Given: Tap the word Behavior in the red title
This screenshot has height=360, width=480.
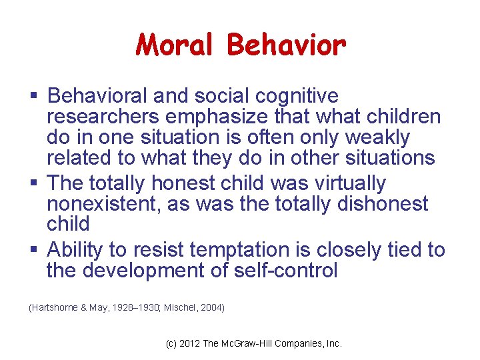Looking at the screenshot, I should [x=286, y=45].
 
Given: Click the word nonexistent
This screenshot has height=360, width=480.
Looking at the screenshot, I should [x=103, y=204].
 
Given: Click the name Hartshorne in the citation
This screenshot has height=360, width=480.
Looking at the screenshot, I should [x=53, y=307].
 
